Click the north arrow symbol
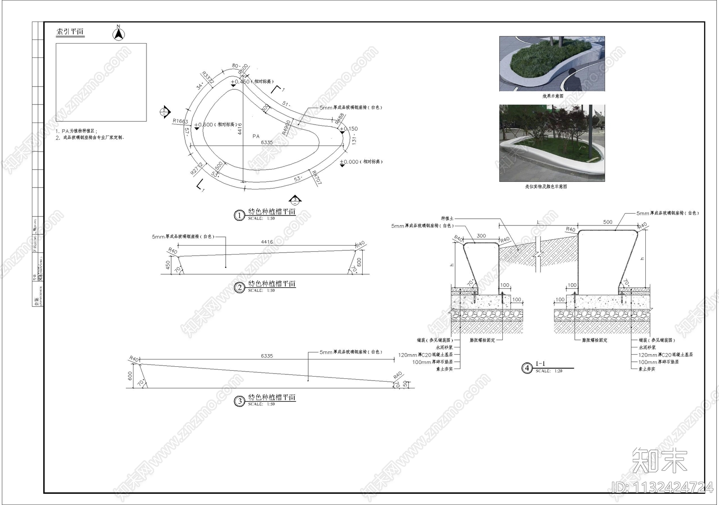118,34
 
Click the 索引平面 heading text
70,32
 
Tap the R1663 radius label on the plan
180,121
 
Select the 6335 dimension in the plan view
266,142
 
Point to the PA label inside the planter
256,136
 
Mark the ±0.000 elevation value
349,162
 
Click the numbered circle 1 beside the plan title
239,215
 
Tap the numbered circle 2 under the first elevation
239,287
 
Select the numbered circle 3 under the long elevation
239,401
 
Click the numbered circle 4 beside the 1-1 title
527,369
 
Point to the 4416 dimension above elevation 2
267,242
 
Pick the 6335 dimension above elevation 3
267,356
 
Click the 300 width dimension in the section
481,236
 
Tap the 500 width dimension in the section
608,222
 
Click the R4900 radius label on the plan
286,127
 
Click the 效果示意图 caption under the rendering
552,96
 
